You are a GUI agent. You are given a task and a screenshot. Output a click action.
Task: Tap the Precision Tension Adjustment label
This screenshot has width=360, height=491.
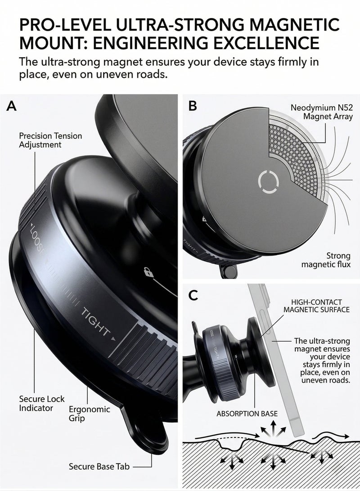pos(50,140)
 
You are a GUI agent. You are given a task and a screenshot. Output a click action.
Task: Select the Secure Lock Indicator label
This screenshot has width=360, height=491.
pos(42,403)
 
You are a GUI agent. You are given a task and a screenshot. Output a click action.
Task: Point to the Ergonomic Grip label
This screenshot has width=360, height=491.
pos(89,414)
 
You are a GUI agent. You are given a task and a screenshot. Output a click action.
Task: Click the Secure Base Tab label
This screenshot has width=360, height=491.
pos(99,467)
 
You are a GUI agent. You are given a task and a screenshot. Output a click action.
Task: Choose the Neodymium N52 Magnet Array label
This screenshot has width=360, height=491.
pos(321,112)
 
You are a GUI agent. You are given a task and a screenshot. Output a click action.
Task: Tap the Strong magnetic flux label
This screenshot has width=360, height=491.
pos(326,260)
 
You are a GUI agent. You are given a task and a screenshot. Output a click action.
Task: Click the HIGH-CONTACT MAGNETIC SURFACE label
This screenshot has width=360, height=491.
pos(316,306)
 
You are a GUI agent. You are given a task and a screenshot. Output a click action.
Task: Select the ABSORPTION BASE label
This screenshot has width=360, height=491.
pos(247,414)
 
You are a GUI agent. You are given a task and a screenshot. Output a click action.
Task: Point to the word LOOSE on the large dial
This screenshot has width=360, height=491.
pos(37,238)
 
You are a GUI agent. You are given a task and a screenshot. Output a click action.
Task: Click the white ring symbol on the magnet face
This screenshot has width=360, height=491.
pos(268,181)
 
